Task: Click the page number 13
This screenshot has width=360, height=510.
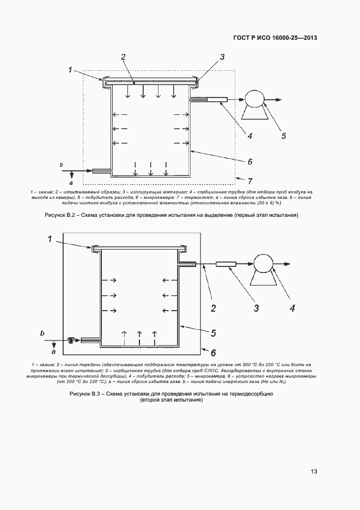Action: point(314,471)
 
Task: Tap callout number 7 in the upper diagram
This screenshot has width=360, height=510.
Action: point(250,181)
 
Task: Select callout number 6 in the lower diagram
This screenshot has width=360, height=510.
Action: point(213,353)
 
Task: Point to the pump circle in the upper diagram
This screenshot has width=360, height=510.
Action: point(254,99)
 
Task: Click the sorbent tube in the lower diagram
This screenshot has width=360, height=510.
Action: point(225,265)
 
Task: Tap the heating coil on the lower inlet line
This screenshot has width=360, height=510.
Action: point(72,341)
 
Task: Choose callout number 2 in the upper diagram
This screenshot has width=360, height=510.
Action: point(124,57)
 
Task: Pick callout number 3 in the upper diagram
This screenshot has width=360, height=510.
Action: point(222,57)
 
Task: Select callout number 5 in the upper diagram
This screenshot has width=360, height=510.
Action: point(284,136)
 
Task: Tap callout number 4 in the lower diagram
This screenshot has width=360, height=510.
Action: point(292,309)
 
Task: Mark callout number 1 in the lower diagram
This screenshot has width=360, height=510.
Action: point(50,239)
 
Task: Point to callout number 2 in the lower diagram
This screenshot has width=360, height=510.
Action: point(213,309)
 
